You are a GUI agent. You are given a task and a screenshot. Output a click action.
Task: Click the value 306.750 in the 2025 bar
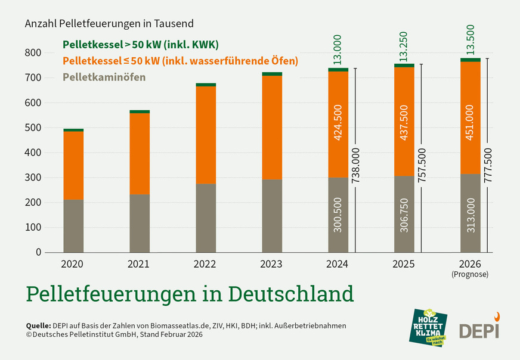tap(404, 215)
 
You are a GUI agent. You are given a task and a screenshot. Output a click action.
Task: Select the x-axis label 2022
tap(206, 263)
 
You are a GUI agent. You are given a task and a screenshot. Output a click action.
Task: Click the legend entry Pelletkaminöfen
tap(104, 77)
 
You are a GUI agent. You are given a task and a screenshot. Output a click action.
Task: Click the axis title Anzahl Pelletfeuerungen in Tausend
tap(109, 24)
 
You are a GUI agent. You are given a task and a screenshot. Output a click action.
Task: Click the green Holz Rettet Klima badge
tap(427, 327)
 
